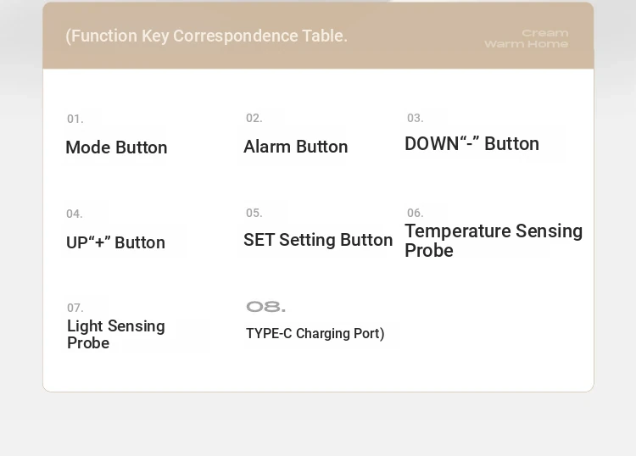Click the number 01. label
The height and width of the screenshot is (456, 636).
(75, 120)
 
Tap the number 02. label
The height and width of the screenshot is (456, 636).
(254, 119)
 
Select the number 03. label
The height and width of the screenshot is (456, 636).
(416, 119)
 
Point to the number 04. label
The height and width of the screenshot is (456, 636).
(75, 214)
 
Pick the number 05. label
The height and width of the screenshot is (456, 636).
(254, 214)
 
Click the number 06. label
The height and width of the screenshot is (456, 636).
(416, 214)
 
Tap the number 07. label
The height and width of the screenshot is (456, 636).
(75, 308)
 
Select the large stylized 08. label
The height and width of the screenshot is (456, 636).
(265, 307)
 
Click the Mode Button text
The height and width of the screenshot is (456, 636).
(116, 147)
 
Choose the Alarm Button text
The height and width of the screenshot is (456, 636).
(296, 147)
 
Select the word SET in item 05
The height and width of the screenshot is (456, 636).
(259, 240)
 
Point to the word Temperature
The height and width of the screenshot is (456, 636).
(458, 231)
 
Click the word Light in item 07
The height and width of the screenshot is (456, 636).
(85, 325)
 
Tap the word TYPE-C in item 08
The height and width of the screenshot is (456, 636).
(269, 334)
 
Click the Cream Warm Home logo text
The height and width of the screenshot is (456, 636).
(527, 38)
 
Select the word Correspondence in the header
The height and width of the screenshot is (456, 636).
(236, 36)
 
